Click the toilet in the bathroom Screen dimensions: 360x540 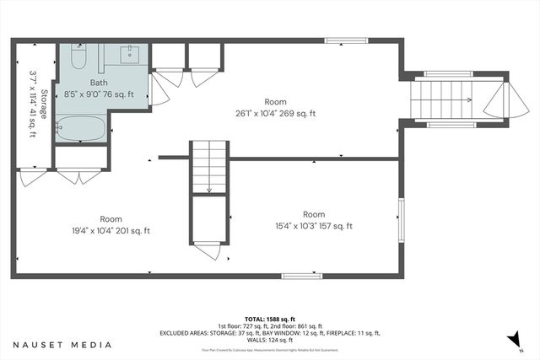[x=77, y=59]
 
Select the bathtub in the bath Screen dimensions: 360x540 [x=81, y=129]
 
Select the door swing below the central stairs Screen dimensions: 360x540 [x=206, y=250]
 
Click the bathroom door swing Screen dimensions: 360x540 [x=158, y=94]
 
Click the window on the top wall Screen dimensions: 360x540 [x=341, y=39]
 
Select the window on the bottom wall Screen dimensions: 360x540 [x=301, y=276]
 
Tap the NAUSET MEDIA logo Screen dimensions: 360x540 [x=62, y=344]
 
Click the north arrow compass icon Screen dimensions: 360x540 [x=512, y=340]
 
